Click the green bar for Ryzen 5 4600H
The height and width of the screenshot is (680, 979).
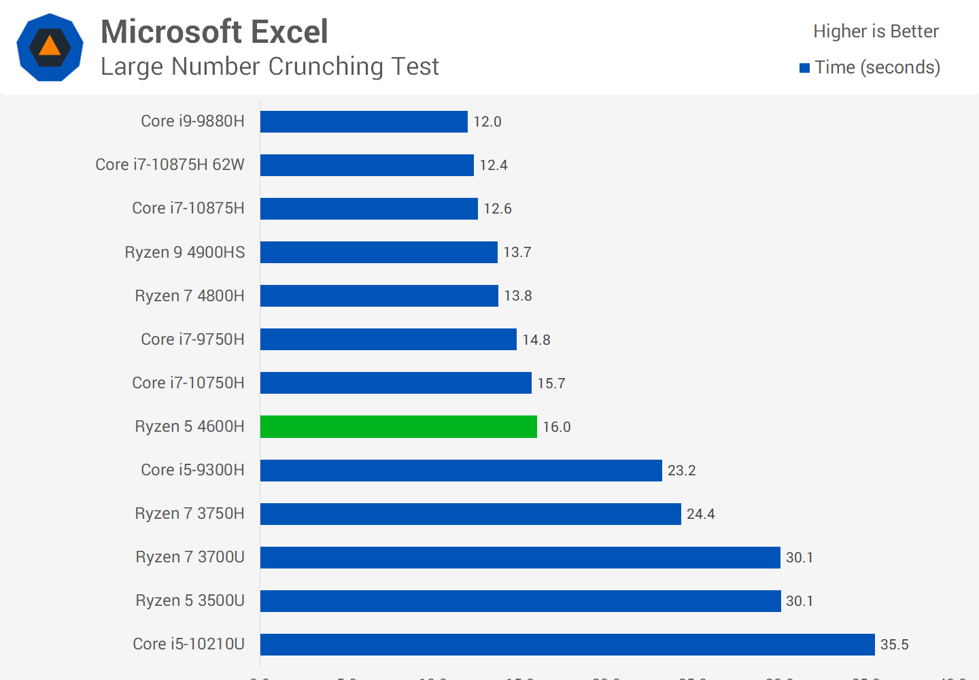click(x=398, y=426)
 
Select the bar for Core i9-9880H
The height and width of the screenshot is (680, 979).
click(x=364, y=122)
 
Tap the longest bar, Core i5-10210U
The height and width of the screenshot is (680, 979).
click(x=567, y=645)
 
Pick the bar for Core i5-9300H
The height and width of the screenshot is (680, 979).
click(x=461, y=471)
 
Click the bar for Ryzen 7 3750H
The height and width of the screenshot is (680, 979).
click(x=470, y=514)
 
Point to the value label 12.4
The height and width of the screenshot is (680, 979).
click(x=494, y=165)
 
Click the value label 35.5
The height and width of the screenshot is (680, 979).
click(x=894, y=645)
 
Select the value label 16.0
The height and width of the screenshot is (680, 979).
click(x=556, y=427)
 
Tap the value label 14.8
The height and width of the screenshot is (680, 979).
click(x=536, y=340)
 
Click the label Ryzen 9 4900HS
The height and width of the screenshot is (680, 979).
click(x=185, y=252)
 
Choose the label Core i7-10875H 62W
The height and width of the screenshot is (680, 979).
click(x=170, y=165)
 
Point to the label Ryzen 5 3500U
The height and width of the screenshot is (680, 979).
click(x=190, y=600)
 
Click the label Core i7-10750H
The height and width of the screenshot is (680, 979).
click(x=188, y=383)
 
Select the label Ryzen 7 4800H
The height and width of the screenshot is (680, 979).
click(x=190, y=296)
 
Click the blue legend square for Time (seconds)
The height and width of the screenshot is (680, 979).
click(x=805, y=68)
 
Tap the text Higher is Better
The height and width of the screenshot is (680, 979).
click(x=876, y=31)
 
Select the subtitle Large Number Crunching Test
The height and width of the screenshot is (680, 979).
click(x=269, y=67)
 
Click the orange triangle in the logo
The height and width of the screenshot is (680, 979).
click(x=50, y=46)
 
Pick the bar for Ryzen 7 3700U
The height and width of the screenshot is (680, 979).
click(x=520, y=558)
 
